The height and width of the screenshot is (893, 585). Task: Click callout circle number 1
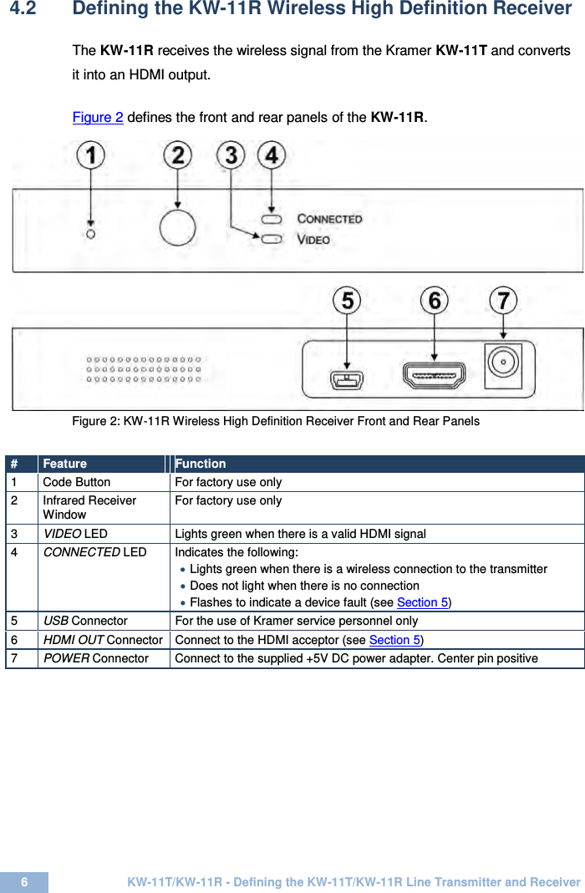tap(91, 155)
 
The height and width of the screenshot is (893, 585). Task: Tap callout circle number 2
tap(177, 155)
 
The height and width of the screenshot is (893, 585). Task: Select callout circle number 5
tap(347, 301)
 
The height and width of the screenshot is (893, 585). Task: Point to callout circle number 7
tap(503, 301)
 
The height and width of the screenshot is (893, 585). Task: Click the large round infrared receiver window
tap(177, 227)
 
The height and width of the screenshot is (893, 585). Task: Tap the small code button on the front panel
tap(91, 234)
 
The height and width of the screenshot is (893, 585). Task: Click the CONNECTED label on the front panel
tap(329, 219)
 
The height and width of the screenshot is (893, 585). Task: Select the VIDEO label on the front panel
tap(313, 240)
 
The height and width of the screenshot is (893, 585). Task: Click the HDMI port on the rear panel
tap(434, 377)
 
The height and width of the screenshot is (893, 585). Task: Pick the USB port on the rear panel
tap(347, 380)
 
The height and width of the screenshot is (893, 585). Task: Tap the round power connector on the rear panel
tap(503, 363)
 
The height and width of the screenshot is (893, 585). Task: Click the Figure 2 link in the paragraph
tap(98, 117)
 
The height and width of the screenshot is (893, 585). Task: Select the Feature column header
tap(65, 464)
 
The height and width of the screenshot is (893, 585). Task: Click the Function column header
tap(201, 464)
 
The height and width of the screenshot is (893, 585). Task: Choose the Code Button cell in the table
tap(77, 482)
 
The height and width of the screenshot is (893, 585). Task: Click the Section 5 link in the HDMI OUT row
tap(395, 640)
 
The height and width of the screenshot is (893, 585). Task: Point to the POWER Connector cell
tap(96, 658)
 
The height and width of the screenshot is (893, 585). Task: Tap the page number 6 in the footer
tap(24, 882)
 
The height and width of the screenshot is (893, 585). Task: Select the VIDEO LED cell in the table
tap(75, 534)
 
